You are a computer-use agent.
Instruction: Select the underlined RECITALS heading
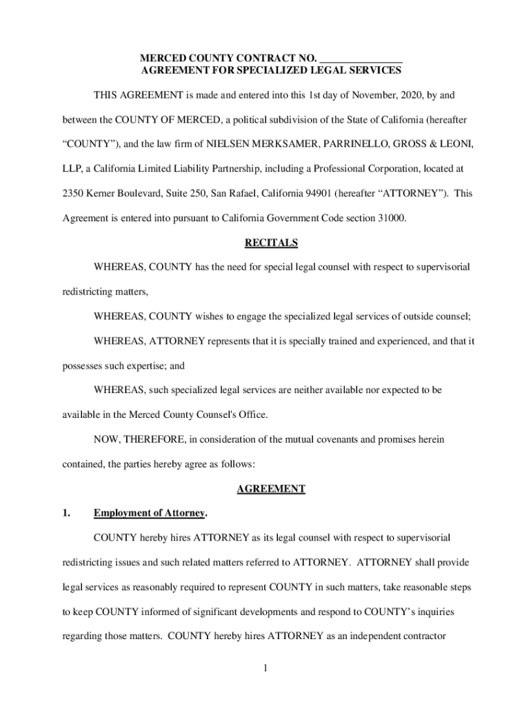coord(271,243)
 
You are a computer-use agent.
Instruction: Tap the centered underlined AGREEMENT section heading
coord(271,489)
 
